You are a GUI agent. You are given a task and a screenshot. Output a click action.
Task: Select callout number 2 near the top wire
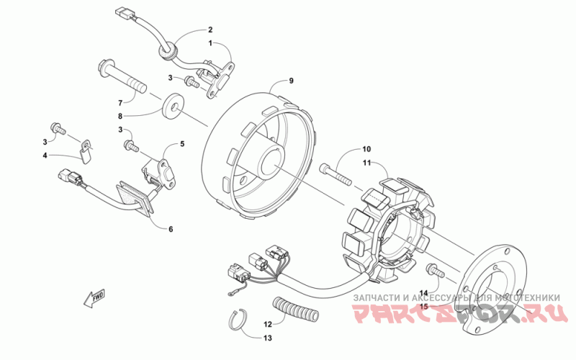pyautogui.click(x=210, y=30)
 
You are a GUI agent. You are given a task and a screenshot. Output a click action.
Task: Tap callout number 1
pyautogui.click(x=210, y=43)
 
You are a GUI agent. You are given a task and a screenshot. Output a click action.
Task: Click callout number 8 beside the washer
pyautogui.click(x=121, y=115)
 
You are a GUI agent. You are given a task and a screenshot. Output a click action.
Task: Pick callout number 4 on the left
pyautogui.click(x=45, y=154)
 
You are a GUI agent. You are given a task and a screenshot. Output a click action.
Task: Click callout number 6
pyautogui.click(x=171, y=230)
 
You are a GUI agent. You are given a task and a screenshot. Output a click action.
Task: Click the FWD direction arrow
pyautogui.click(x=96, y=297)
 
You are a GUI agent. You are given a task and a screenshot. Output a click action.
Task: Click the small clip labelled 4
pyautogui.click(x=86, y=152)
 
